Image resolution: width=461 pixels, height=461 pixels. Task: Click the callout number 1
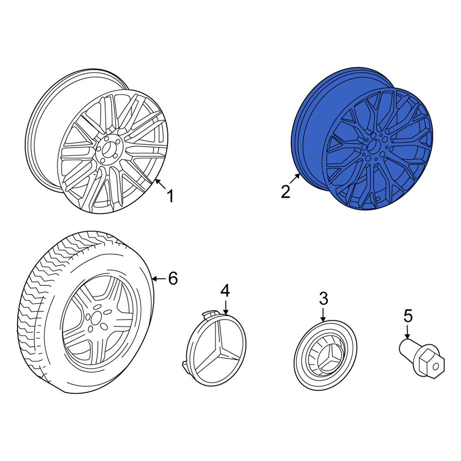[170, 196]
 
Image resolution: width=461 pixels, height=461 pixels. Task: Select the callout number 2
[285, 192]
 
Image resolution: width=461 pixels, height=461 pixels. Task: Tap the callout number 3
[324, 298]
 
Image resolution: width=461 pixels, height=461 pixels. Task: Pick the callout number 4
[225, 290]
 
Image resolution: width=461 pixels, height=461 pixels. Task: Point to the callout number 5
[408, 316]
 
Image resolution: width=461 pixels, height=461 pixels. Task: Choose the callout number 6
[173, 278]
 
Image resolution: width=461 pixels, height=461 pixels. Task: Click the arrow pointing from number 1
[160, 184]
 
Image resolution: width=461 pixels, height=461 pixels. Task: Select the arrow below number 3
[323, 314]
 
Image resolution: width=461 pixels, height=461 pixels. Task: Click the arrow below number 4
[225, 307]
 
